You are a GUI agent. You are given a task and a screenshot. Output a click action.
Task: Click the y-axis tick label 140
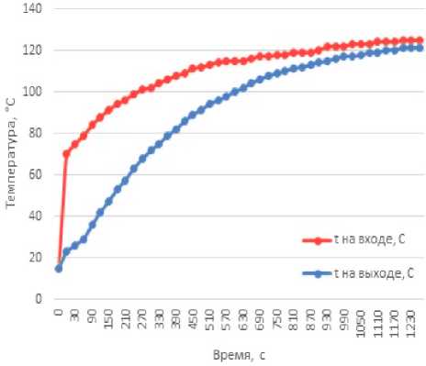point(32,8)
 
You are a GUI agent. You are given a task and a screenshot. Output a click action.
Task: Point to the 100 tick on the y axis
point(32,91)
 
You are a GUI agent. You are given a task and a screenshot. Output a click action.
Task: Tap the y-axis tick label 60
point(35,174)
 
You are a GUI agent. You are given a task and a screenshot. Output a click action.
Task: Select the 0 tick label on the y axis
point(39,298)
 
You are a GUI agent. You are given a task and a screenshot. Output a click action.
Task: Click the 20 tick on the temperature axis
point(35,257)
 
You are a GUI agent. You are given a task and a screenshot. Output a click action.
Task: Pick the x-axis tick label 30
point(75,316)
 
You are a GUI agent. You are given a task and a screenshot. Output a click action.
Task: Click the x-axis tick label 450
point(193,319)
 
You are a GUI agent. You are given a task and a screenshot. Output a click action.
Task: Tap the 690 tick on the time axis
point(260,319)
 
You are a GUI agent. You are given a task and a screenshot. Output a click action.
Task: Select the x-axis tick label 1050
point(361,323)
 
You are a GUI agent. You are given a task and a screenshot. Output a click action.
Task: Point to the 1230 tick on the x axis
point(411,323)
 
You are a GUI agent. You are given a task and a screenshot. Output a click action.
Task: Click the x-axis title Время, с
point(239,355)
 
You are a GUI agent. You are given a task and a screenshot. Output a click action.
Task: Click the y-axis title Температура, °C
point(11,152)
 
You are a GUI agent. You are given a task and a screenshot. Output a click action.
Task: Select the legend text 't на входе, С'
point(370,239)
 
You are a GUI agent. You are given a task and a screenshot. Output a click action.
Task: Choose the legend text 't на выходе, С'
point(374,273)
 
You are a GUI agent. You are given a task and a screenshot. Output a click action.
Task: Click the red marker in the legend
point(318,240)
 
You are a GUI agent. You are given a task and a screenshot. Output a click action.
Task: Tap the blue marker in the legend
point(318,274)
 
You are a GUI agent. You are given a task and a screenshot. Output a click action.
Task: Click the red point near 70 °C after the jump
point(66,154)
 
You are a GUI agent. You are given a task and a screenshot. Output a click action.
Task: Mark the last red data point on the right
point(420,40)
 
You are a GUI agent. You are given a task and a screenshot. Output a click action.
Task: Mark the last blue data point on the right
point(420,48)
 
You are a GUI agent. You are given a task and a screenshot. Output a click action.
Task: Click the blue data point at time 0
point(59,269)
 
